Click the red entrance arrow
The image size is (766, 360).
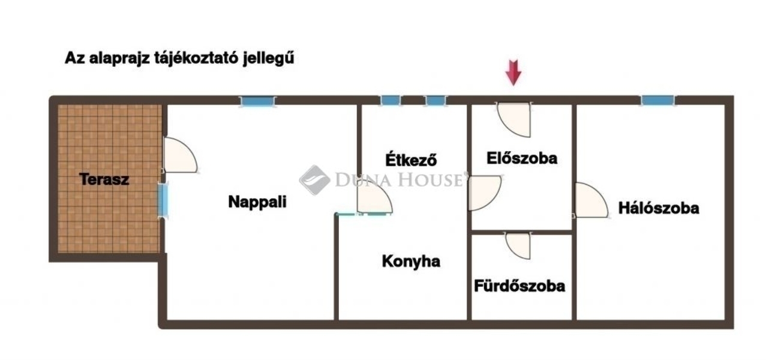point(513,72)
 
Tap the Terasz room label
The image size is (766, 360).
point(104,179)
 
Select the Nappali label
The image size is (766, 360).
point(257,202)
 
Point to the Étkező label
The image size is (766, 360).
point(410,160)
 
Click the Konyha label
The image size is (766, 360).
point(411,262)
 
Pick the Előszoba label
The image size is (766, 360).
point(521,158)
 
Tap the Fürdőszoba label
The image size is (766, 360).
point(519,286)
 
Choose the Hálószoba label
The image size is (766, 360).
point(659,208)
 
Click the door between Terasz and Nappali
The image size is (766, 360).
point(179,156)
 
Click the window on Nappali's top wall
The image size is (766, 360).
point(258,101)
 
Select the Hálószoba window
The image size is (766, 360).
point(657,100)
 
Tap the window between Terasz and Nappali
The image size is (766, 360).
point(163,199)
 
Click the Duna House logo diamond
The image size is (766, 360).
point(314,179)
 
